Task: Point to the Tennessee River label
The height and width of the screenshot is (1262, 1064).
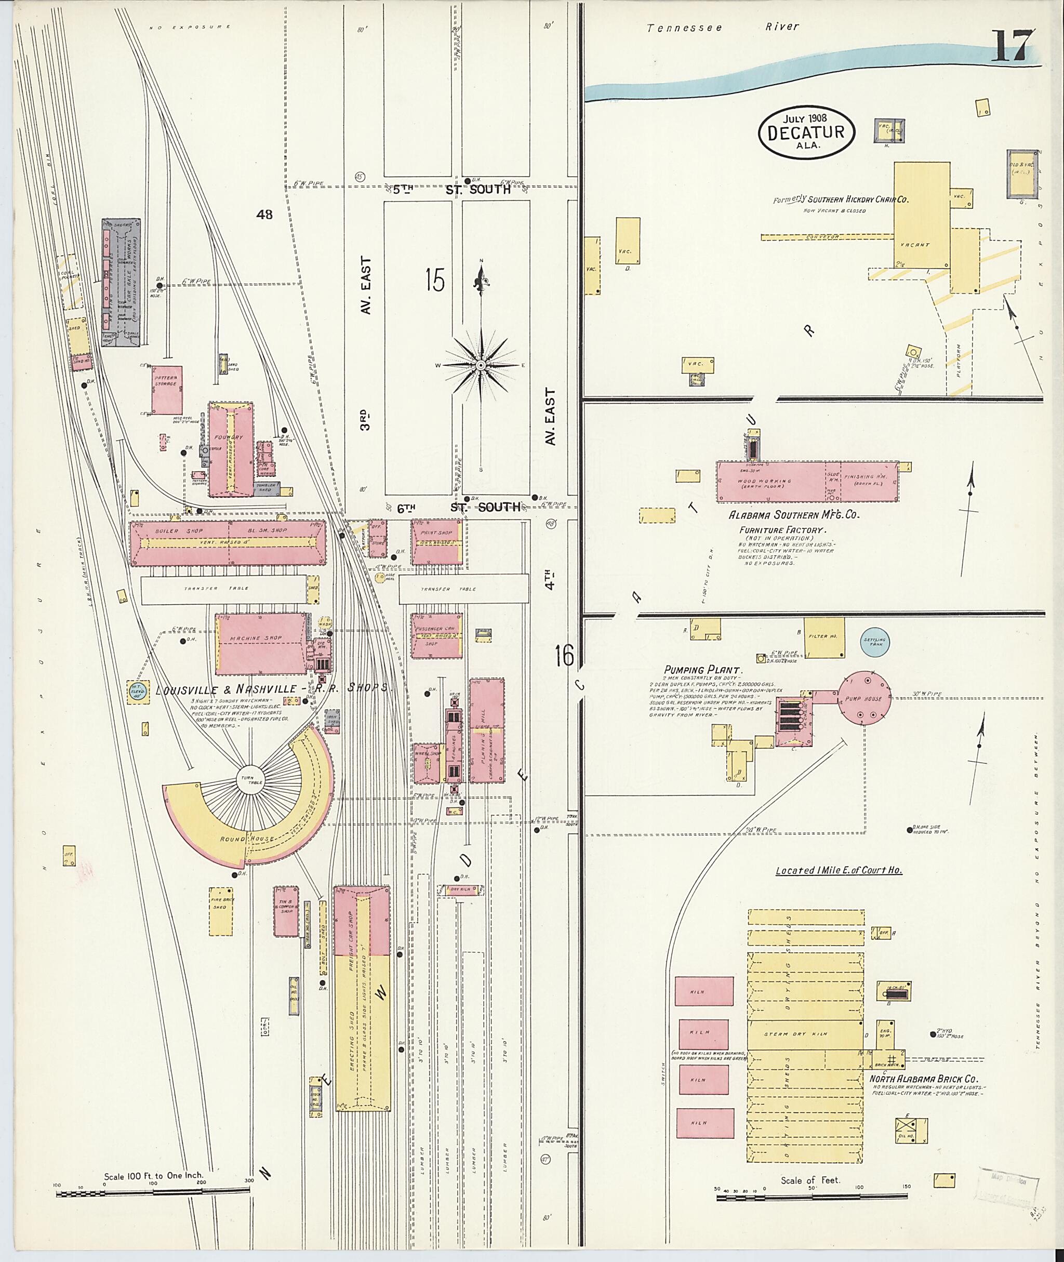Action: coord(723,27)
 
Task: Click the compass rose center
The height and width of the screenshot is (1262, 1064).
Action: coord(481,365)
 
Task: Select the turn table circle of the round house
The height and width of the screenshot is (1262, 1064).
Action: coord(247,778)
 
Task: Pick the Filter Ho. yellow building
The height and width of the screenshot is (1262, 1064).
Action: coord(824,637)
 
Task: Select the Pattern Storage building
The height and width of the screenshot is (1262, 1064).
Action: coord(166,390)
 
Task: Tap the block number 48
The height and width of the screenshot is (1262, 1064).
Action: coord(264,214)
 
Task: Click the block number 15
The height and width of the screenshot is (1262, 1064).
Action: coord(434,280)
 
